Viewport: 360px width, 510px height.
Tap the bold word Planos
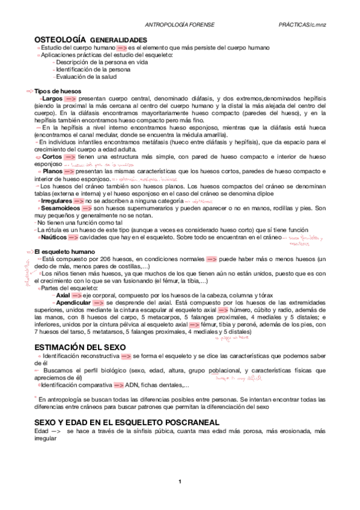[53, 171]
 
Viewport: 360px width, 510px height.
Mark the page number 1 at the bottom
[180, 497]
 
